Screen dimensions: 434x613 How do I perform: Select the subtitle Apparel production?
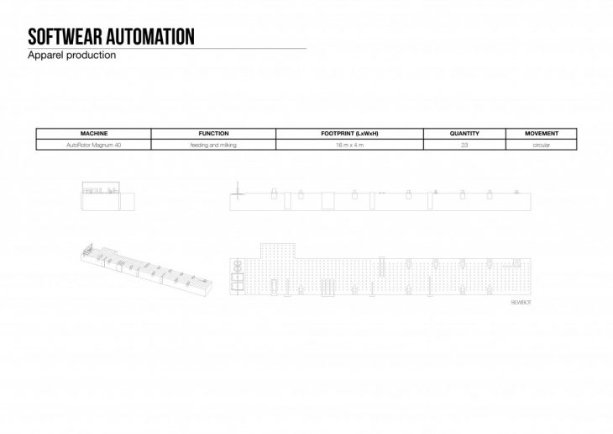(x=71, y=56)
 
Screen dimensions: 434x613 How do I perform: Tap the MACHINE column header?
(x=93, y=134)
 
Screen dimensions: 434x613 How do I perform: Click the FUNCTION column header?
(x=213, y=134)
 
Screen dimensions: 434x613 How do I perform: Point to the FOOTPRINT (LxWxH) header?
(x=349, y=134)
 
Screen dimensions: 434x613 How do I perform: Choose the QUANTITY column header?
(x=464, y=134)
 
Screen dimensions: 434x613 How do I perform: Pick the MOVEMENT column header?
(x=541, y=134)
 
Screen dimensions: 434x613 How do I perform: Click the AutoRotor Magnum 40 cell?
(x=93, y=146)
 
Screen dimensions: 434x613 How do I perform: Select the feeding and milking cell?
(x=213, y=146)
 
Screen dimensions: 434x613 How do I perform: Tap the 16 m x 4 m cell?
(x=349, y=146)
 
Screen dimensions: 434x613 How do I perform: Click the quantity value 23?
(x=464, y=146)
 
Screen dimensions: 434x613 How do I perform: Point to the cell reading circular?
(x=541, y=146)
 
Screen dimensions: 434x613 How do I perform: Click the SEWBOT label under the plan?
(x=521, y=300)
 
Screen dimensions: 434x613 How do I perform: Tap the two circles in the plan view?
(x=238, y=271)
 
